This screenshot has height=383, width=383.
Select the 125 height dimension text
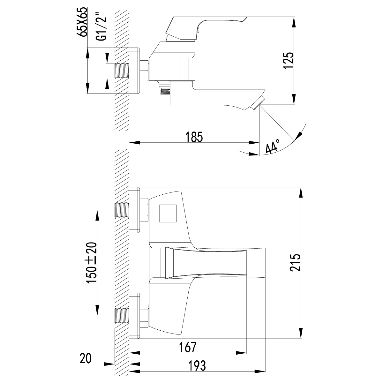tap(288, 60)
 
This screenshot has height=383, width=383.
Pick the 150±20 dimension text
tap(92, 262)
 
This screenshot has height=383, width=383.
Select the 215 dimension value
tap(296, 263)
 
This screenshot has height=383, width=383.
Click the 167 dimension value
tap(187, 347)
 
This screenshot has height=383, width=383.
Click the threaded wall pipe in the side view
tap(122, 71)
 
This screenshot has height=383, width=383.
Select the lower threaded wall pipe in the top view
tap(122, 316)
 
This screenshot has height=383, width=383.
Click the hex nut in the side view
tap(145, 71)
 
